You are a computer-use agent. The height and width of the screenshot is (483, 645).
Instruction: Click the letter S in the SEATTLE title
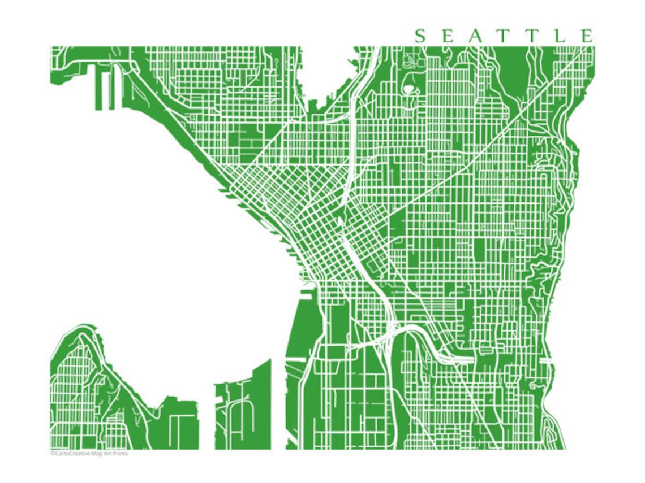[x=420, y=37]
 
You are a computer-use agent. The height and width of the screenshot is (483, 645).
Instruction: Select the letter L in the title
[x=561, y=37]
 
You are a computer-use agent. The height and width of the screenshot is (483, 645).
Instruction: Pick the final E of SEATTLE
[x=587, y=37]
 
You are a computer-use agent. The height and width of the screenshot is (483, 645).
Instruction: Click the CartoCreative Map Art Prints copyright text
[x=89, y=453]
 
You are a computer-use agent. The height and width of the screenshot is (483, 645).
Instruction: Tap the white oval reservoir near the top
[x=408, y=89]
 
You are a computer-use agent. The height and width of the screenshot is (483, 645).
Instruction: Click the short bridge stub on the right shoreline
[x=545, y=360]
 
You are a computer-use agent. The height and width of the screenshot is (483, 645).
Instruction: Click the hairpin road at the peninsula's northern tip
[x=85, y=337]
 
